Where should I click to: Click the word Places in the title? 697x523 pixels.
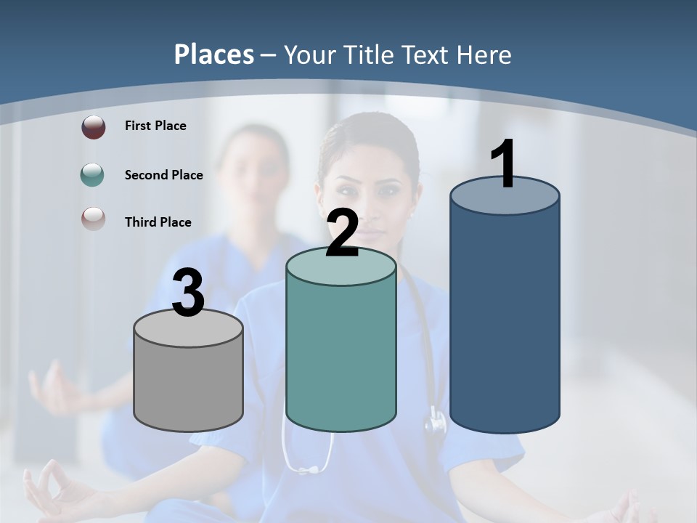coord(214,54)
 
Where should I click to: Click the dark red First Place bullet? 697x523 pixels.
coord(93,126)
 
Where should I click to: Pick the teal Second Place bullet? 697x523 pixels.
coord(92,175)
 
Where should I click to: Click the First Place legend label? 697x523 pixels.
coord(155,126)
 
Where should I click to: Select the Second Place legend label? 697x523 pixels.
coord(163,175)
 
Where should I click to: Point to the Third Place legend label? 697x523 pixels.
coord(158,222)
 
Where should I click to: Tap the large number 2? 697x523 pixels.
coord(343,232)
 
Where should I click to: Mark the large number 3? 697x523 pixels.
coord(189,293)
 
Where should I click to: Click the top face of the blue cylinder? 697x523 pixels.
coord(505,196)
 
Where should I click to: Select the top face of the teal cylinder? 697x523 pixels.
coord(341,267)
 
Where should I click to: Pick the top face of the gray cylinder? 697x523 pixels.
coord(189,328)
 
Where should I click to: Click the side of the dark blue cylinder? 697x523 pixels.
coord(505,320)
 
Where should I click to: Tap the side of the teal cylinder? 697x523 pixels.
coord(341,356)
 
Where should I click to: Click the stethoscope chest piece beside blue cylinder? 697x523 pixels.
coord(436,421)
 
